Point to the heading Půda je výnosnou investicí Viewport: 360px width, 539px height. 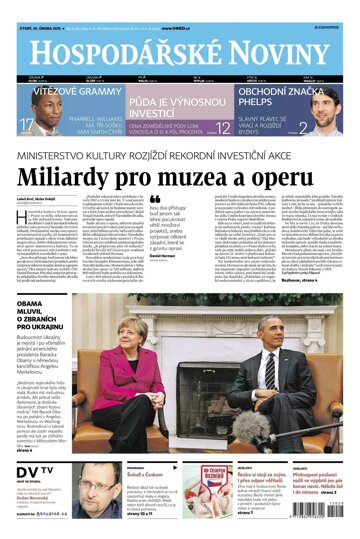[x=179, y=97]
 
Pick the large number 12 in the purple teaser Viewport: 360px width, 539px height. [x=224, y=127]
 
